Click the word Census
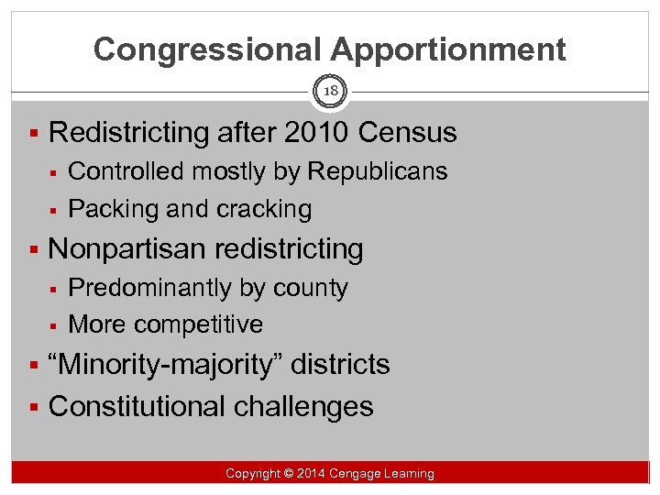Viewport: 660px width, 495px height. [x=408, y=133]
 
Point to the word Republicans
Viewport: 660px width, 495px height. [x=378, y=171]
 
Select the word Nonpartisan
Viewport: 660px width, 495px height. [x=129, y=249]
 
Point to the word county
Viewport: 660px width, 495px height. [x=308, y=288]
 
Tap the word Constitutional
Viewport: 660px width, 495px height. [x=134, y=406]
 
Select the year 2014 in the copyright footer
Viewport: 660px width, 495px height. [x=308, y=474]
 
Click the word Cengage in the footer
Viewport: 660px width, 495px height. [x=357, y=474]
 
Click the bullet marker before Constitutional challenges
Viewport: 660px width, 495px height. [x=34, y=406]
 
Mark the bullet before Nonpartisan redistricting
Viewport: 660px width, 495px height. [x=34, y=249]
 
